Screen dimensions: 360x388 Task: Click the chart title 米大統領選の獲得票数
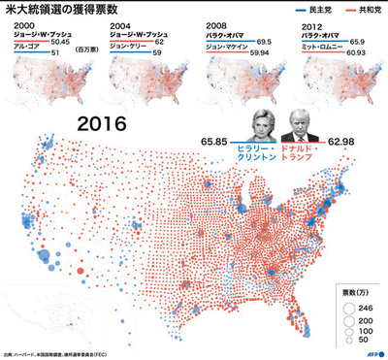65,10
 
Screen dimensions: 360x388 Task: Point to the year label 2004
121,26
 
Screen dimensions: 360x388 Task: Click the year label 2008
219,26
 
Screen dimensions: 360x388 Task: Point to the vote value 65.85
218,141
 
